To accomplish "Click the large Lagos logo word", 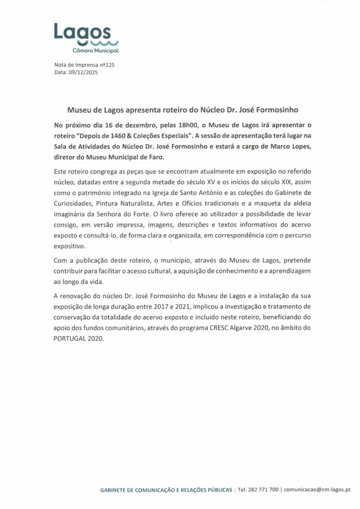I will pyautogui.click(x=83, y=32).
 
